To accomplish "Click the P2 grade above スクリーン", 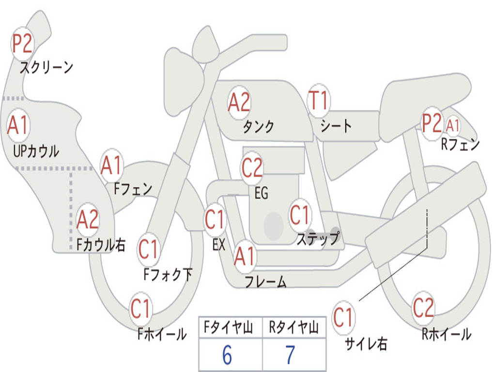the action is tap(22, 44).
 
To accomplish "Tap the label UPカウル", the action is tap(36, 151).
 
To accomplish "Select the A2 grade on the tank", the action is tap(239, 102).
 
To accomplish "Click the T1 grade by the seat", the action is tap(318, 101).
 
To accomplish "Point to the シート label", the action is tap(336, 126).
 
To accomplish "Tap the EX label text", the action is tap(218, 245).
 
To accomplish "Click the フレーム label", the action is tap(265, 282).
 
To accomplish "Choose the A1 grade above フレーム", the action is tap(245, 257).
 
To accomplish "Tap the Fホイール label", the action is tap(162, 334).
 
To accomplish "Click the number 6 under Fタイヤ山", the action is tap(227, 356).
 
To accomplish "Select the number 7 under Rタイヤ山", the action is tap(290, 356).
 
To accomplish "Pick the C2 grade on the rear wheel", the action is tap(423, 307).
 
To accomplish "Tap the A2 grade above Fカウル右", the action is tap(88, 220).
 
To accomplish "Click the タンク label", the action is tap(258, 127).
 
